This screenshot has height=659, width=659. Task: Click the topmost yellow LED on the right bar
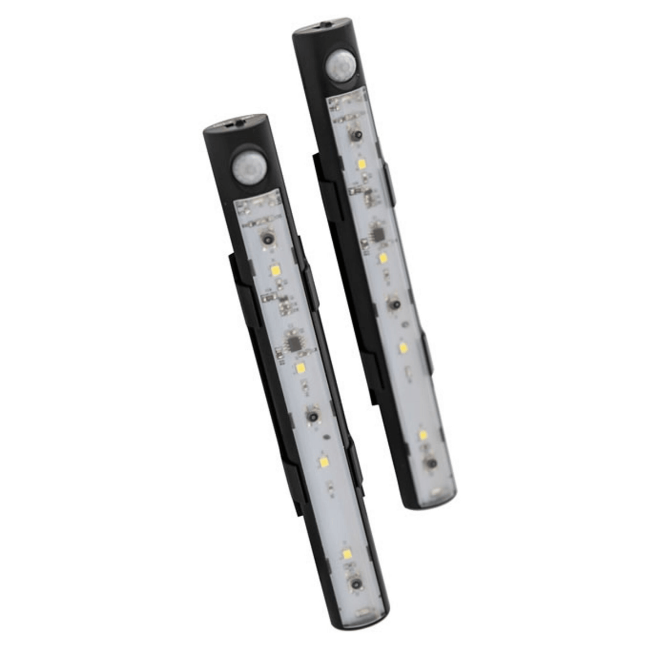(362, 164)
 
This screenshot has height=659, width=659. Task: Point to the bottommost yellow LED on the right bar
(423, 435)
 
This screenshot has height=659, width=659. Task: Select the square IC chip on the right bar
(377, 234)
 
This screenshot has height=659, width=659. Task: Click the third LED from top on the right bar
(403, 348)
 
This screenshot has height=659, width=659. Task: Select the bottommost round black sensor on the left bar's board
(356, 583)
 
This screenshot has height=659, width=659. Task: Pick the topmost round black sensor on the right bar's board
(355, 135)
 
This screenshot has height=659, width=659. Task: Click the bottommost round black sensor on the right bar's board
(432, 463)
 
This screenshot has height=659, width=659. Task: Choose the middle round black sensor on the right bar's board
(393, 304)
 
